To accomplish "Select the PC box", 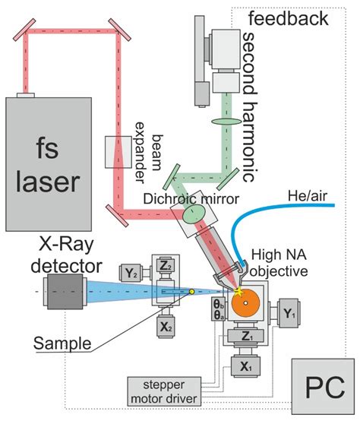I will (321, 390).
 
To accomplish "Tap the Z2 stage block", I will (165, 267).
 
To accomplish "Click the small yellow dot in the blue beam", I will (191, 292).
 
